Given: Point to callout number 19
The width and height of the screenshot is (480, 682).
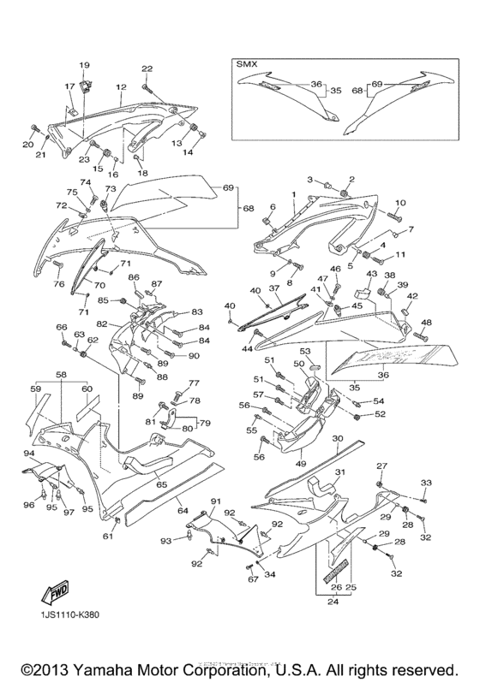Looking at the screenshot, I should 85,66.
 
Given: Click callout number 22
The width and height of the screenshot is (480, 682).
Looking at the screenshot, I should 147,68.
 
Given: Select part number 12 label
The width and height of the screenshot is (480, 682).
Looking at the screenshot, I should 122,86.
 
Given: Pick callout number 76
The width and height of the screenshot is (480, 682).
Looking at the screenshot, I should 58,284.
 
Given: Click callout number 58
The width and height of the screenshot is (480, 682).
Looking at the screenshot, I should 62,375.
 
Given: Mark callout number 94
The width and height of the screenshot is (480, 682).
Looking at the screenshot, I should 28,453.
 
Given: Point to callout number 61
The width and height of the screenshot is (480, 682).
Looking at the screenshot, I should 108,537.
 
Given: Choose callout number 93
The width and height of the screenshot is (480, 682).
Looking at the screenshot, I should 165,541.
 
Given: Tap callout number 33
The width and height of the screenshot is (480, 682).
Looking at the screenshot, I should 426,483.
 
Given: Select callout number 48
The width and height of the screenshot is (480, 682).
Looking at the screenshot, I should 427,322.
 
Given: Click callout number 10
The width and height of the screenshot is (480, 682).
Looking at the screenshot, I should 399,203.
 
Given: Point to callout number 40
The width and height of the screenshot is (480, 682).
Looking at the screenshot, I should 230,305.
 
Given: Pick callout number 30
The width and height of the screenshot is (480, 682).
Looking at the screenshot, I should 338,439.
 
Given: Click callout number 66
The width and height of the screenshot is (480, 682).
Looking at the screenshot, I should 61,328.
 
